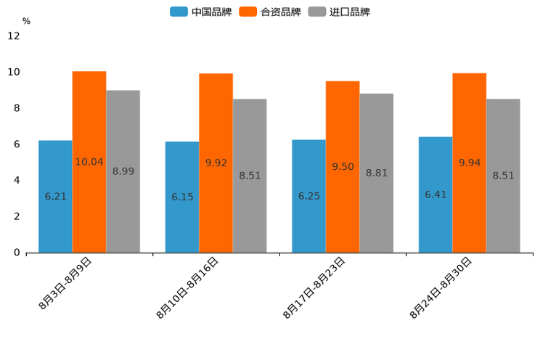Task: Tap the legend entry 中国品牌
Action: (202, 12)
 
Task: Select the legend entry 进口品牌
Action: (340, 12)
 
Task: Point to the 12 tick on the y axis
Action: (14, 36)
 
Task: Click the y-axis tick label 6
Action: (17, 144)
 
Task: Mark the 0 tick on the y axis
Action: (17, 253)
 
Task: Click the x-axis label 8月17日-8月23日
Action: (315, 287)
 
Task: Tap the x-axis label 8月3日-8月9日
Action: (65, 284)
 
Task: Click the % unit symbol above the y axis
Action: (26, 21)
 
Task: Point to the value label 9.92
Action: (216, 163)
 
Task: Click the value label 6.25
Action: (309, 196)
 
